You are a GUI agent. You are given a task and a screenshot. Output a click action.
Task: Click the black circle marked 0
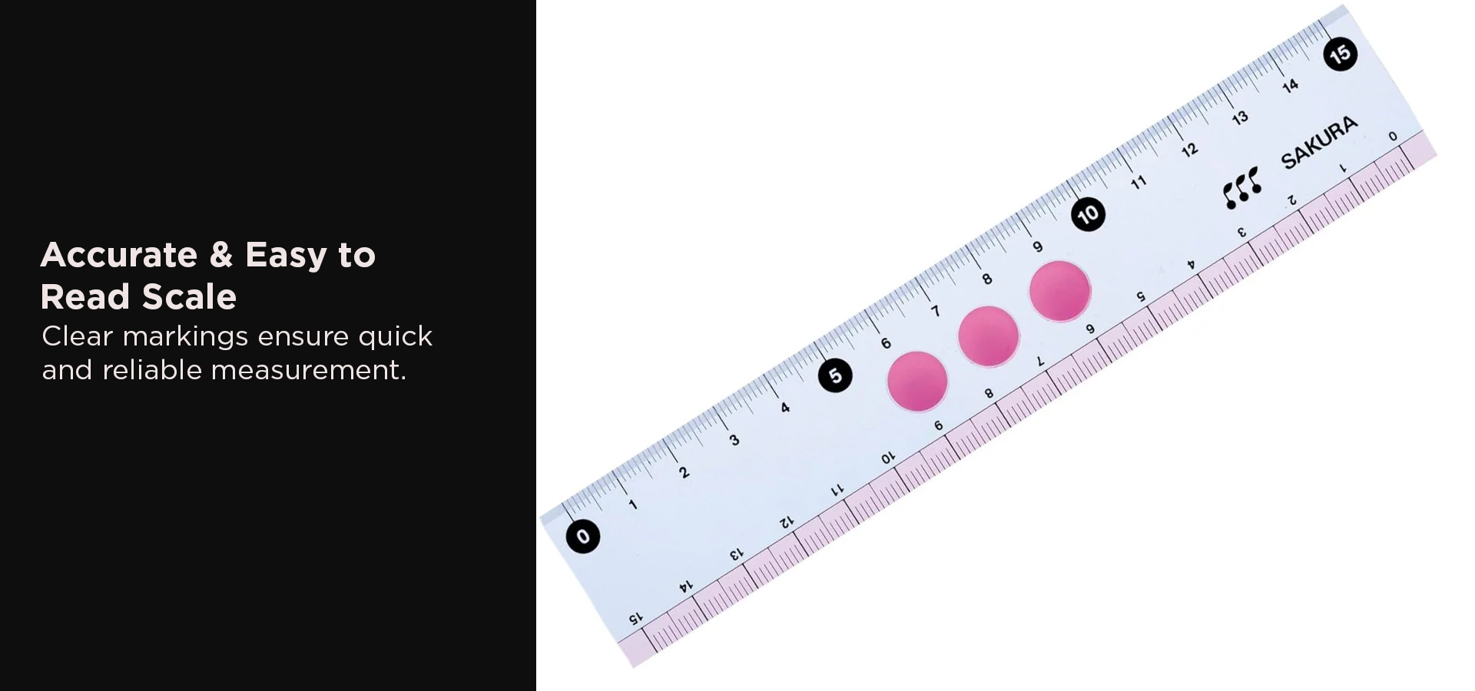583,536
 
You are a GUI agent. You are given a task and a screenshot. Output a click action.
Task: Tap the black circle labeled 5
835,375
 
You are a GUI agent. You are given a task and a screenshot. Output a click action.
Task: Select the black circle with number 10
1088,214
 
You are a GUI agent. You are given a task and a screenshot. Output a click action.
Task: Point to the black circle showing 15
1340,54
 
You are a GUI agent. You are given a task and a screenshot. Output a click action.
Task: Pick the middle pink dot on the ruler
989,336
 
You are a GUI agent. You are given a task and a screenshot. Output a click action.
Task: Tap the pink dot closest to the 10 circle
1059,291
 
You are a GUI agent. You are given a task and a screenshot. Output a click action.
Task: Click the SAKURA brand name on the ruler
1319,143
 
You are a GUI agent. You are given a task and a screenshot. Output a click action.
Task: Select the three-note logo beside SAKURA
1241,188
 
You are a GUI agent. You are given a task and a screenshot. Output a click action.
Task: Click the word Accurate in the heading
119,255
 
